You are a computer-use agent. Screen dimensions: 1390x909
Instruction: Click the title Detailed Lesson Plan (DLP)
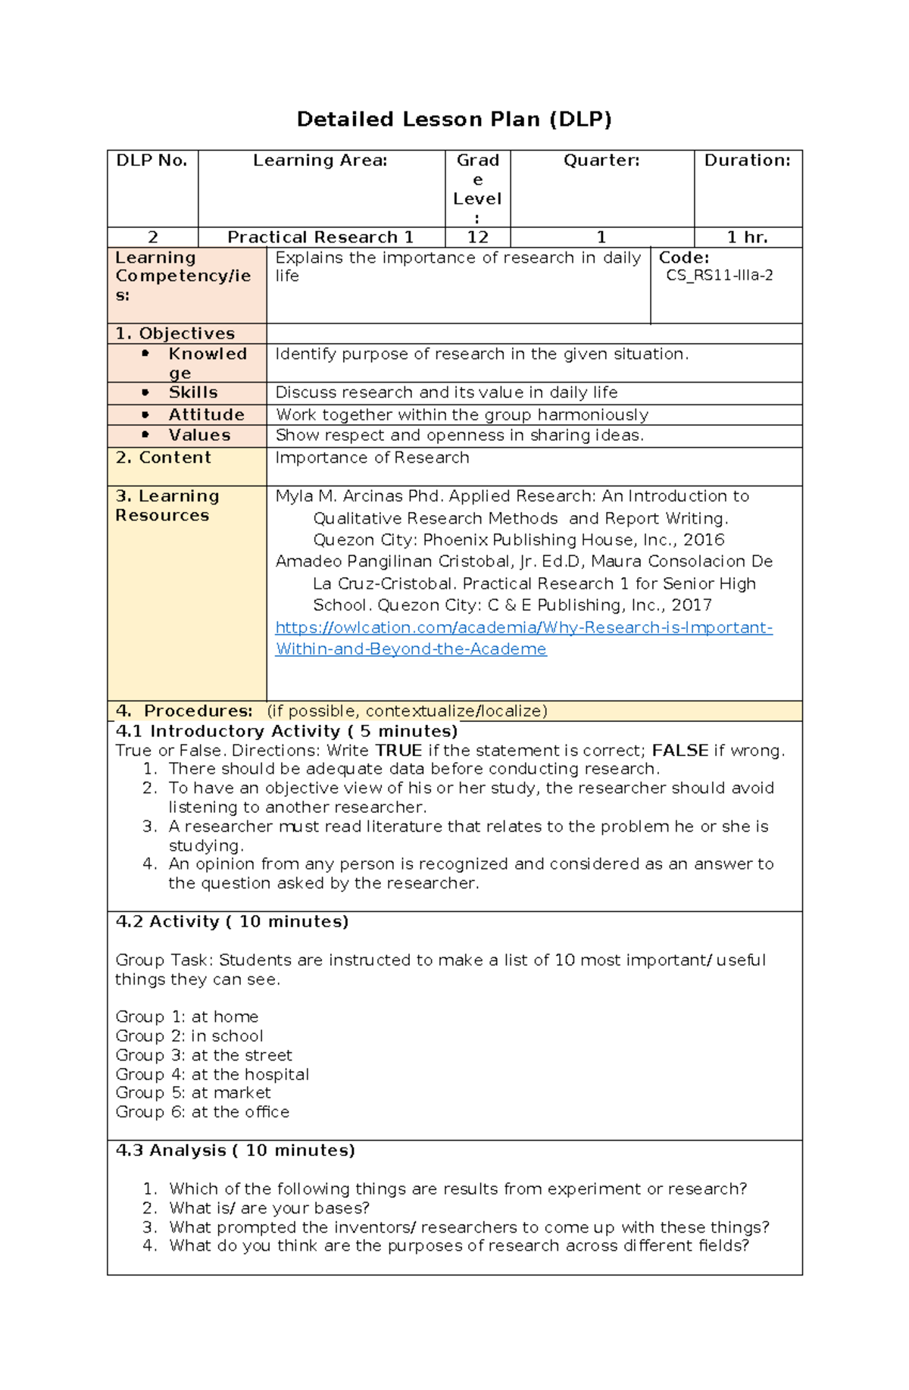454,119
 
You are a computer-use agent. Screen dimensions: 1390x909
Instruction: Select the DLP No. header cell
151,161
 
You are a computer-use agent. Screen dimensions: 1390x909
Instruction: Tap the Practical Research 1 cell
320,237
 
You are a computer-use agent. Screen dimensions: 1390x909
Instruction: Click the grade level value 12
477,237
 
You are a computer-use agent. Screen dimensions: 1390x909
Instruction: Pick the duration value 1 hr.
747,237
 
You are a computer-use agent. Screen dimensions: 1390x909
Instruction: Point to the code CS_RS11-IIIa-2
719,276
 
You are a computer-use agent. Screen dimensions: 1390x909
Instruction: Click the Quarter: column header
601,161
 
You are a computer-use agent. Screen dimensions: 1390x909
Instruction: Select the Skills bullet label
193,392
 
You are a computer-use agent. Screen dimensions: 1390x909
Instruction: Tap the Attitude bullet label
206,414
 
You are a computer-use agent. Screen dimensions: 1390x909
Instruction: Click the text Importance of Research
372,458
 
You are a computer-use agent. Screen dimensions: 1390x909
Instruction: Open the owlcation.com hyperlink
523,628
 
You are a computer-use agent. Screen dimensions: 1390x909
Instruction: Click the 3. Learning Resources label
167,505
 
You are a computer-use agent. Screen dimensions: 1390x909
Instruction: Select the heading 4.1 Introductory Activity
286,731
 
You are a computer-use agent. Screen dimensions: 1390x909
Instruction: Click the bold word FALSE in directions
679,751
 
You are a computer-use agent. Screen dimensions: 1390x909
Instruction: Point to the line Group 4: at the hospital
212,1074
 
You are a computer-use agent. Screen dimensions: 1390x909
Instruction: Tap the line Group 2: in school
189,1035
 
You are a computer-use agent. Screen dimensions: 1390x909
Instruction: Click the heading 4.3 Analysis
235,1150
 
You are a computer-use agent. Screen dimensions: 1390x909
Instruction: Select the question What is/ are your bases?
269,1207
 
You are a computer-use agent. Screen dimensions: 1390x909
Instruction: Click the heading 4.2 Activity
232,921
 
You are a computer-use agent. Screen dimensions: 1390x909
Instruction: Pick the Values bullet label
199,435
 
